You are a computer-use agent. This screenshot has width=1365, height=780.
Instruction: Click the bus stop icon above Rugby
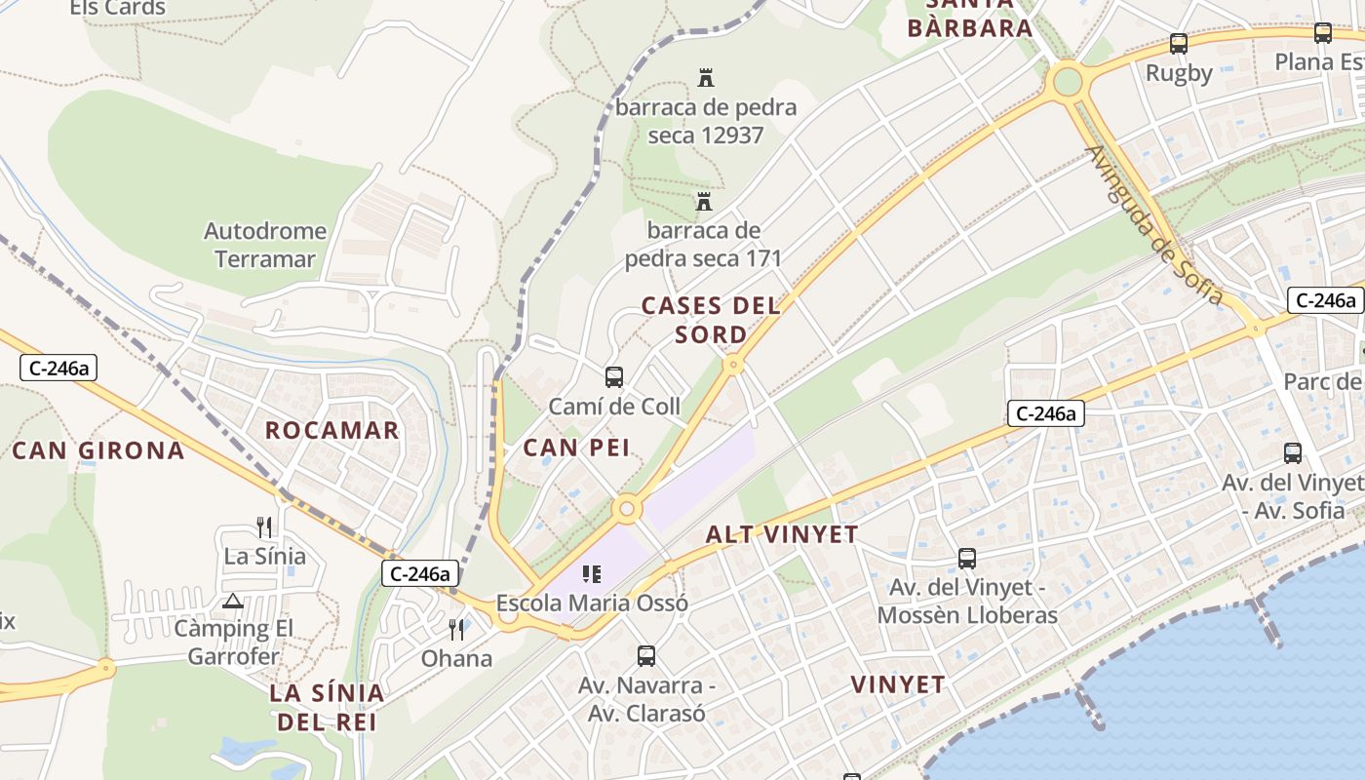tap(1179, 44)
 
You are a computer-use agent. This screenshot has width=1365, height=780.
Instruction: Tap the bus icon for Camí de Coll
tap(613, 377)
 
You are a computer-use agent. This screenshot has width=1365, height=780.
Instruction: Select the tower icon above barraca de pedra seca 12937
tap(706, 77)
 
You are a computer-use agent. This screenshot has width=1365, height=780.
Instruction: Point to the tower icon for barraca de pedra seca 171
tap(703, 202)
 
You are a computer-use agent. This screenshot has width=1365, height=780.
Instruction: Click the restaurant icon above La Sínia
tap(264, 527)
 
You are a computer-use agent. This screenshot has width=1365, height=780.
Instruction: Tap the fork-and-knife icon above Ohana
tap(456, 629)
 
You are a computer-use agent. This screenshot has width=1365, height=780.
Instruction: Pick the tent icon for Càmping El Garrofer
tap(232, 601)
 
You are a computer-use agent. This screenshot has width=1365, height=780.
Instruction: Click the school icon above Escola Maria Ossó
tap(592, 574)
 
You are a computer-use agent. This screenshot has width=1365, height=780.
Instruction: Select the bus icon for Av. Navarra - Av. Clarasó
tap(646, 656)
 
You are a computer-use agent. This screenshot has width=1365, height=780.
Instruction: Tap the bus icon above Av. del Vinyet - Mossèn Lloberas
tap(966, 559)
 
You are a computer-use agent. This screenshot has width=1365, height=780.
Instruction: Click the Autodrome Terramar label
tap(265, 245)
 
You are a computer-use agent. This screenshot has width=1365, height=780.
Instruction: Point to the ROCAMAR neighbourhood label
tap(332, 430)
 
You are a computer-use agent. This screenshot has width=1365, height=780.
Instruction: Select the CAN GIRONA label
tap(97, 449)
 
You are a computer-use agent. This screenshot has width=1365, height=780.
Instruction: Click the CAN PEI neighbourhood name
tap(576, 448)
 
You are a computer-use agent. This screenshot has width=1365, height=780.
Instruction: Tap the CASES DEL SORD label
tap(711, 320)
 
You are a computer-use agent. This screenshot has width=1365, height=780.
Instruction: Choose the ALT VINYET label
tap(782, 534)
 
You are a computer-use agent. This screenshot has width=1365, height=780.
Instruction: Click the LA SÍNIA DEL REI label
tap(327, 708)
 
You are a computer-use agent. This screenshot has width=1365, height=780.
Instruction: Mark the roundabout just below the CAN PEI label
tap(626, 508)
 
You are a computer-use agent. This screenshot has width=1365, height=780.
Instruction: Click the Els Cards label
tap(118, 9)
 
